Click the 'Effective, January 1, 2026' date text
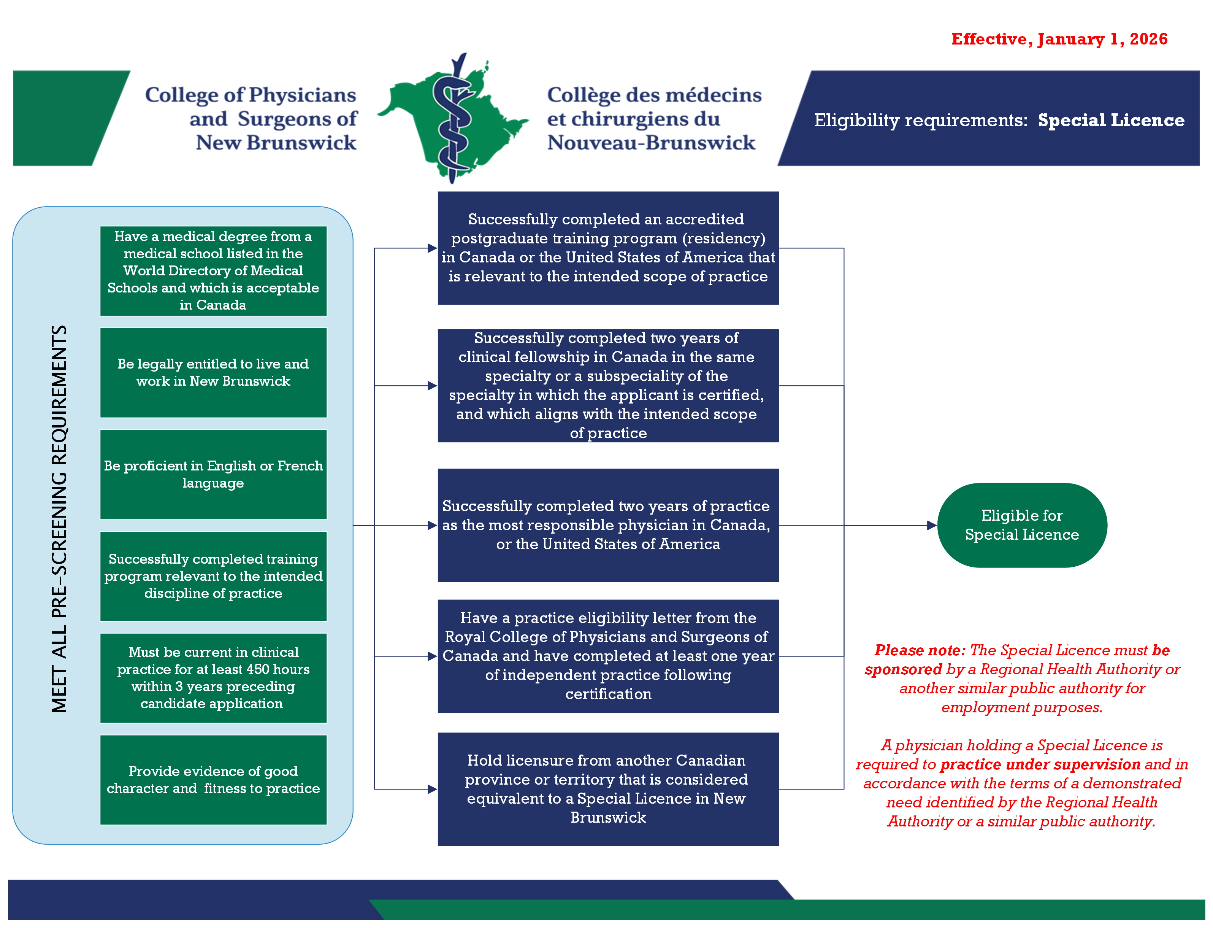[1059, 39]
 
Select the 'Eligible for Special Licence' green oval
[1021, 525]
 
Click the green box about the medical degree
[213, 271]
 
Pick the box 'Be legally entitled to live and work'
[213, 372]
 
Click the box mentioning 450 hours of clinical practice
[213, 678]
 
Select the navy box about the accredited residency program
[608, 248]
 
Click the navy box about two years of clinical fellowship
[608, 386]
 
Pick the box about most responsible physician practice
[608, 525]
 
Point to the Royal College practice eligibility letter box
[608, 656]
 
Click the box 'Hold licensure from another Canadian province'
[608, 789]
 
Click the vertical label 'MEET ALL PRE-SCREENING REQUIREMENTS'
[59, 519]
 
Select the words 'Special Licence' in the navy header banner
[1111, 121]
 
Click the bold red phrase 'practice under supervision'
[1040, 764]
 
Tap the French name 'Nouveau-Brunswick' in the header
[651, 143]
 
